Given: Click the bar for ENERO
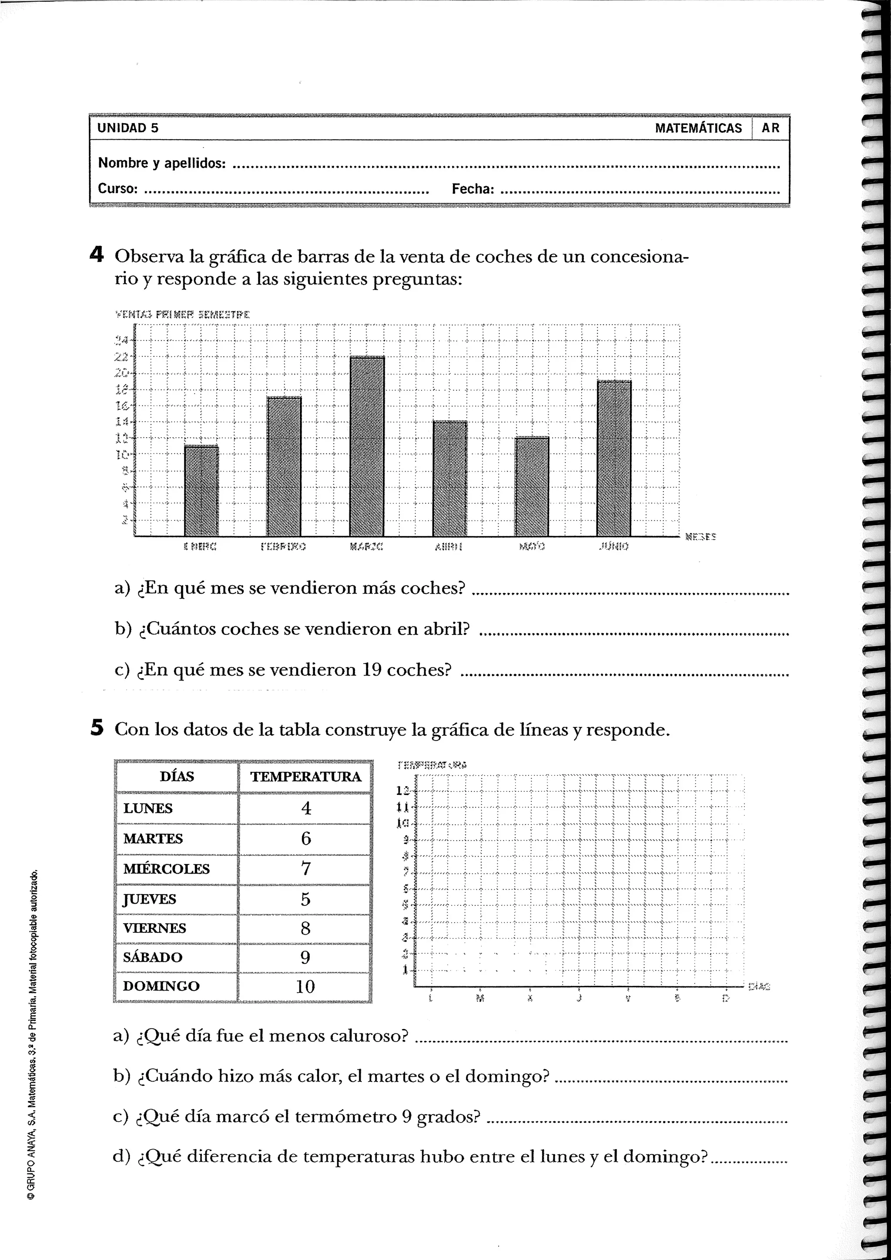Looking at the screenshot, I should point(201,491).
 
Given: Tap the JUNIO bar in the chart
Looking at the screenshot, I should point(614,458).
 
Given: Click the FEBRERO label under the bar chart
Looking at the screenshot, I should point(283,546).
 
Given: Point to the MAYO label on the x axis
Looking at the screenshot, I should point(532,546).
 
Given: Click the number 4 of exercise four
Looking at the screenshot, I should point(96,255).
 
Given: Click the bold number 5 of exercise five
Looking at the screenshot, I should point(97,728).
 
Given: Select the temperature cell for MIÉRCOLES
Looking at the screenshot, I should point(305,869).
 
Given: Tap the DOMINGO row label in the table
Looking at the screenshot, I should point(161,986).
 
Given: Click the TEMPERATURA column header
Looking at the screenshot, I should point(305,777).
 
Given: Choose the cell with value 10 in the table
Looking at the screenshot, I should point(305,987).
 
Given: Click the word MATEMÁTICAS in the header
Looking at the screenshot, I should point(698,128).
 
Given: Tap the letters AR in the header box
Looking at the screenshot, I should point(770,128).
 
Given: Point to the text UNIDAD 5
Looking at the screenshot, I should point(128,128).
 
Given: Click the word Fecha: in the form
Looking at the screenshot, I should point(472,189).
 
